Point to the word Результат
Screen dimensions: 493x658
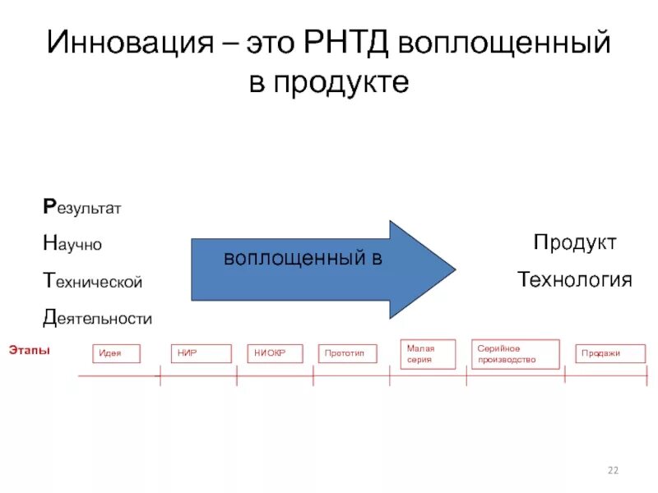point(81,208)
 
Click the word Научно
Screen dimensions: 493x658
point(72,244)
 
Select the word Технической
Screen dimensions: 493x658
point(92,281)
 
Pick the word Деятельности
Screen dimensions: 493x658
point(97,317)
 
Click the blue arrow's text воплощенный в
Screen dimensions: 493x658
point(304,258)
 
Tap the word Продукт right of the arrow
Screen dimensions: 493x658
point(574,242)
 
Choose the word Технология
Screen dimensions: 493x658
point(574,280)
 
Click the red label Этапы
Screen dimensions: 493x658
point(30,350)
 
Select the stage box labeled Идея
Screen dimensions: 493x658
point(116,353)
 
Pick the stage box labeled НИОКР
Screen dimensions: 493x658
point(274,353)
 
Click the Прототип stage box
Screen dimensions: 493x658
point(347,353)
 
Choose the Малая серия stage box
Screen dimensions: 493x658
point(427,354)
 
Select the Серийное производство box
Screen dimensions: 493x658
point(515,354)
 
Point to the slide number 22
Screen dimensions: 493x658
point(612,470)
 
